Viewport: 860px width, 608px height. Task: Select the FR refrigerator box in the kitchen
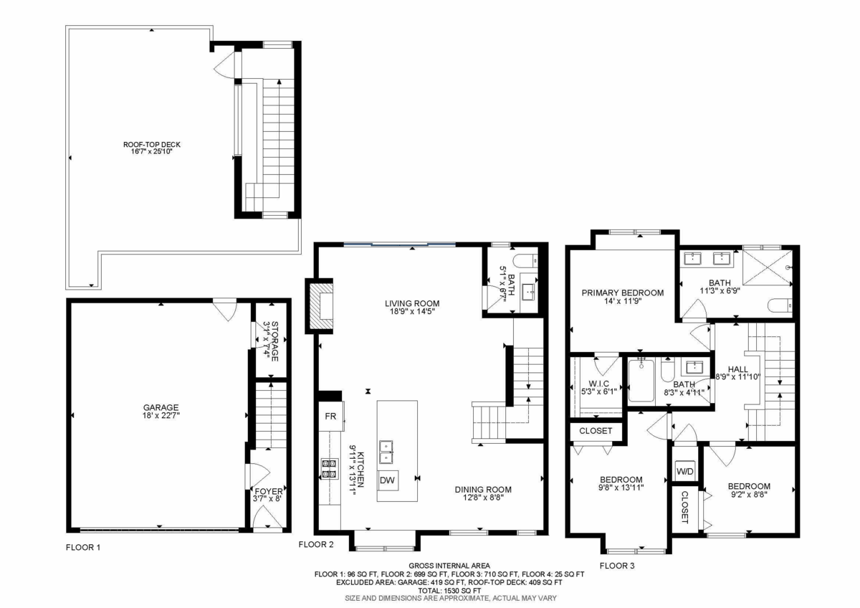pos(330,416)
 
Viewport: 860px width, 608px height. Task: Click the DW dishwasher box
pos(387,480)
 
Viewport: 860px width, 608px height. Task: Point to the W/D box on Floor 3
pos(685,471)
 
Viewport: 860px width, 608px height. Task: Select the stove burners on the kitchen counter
pos(330,468)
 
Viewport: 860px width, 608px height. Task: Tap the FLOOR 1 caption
pos(83,548)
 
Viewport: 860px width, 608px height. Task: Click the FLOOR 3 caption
pos(617,566)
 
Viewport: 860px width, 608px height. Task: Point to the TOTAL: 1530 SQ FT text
pos(449,590)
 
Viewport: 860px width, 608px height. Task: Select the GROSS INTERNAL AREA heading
pos(449,566)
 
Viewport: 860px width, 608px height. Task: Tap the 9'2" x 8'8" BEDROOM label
pos(750,490)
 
